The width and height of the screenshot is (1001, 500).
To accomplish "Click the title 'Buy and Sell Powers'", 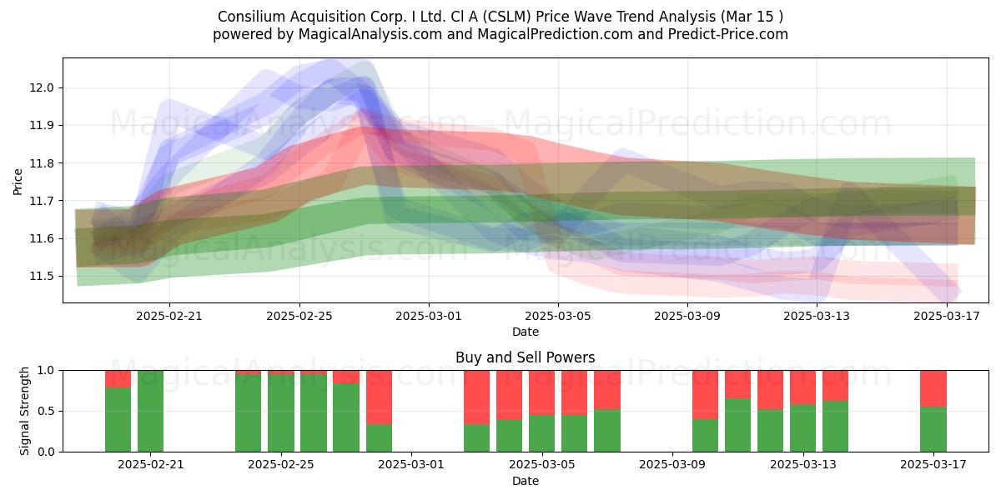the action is click(525, 357).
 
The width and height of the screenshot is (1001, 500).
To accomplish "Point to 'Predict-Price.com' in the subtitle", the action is click(728, 34).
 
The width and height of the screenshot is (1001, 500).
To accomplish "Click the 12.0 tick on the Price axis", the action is click(42, 88).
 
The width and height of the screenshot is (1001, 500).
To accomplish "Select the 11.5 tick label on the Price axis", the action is click(42, 277).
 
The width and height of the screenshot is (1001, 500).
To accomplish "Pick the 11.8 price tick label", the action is click(42, 163).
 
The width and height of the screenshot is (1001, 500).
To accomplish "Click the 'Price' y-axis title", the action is click(18, 182).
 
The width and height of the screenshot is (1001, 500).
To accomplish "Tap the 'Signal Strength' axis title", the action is click(24, 411).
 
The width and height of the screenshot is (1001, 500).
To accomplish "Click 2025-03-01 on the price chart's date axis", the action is click(429, 316).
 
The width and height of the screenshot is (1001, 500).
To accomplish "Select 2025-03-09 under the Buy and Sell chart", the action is click(672, 465).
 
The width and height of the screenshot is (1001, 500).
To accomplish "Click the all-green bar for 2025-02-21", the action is click(151, 411).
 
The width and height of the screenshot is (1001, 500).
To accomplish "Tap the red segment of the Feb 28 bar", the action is click(379, 397).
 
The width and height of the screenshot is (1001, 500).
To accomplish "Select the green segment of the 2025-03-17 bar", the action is click(933, 429).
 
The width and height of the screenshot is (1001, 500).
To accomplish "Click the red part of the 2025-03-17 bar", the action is click(933, 389).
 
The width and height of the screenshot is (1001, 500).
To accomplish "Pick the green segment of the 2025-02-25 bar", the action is click(281, 413).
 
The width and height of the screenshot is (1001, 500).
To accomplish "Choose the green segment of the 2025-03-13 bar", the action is click(802, 428).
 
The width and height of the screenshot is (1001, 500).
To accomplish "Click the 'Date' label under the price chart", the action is click(525, 332).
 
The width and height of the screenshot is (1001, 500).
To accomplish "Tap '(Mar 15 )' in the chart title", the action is click(752, 17).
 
